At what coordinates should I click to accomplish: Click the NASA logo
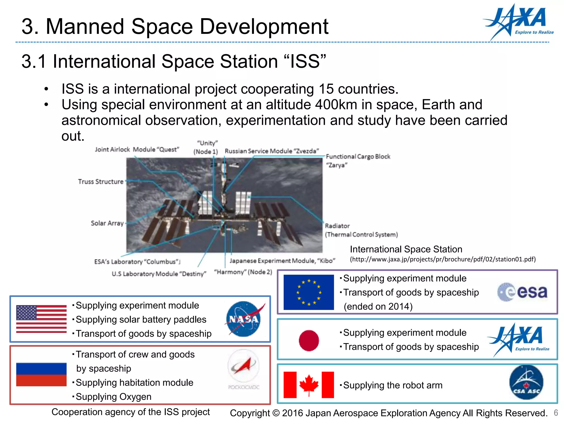pyautogui.click(x=243, y=319)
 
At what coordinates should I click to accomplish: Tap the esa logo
pyautogui.click(x=522, y=292)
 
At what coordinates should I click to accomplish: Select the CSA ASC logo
pyautogui.click(x=526, y=382)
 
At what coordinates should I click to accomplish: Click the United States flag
pyautogui.click(x=41, y=319)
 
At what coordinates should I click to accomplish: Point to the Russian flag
pyautogui.click(x=41, y=375)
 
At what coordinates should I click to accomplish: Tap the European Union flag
pyautogui.click(x=308, y=292)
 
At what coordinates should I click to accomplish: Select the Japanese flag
pyautogui.click(x=309, y=340)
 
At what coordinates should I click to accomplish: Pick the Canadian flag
pyautogui.click(x=308, y=385)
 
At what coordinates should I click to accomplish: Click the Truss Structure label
pyautogui.click(x=101, y=181)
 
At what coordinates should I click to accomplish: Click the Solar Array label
pyautogui.click(x=107, y=223)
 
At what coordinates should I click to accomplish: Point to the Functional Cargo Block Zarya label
pyautogui.click(x=358, y=161)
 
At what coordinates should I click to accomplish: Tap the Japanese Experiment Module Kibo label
pyautogui.click(x=282, y=261)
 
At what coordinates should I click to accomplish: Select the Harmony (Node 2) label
pyautogui.click(x=243, y=272)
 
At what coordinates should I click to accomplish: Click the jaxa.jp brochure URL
pyautogui.click(x=443, y=259)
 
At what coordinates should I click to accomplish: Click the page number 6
pyautogui.click(x=556, y=413)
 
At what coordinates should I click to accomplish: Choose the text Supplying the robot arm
pyautogui.click(x=392, y=385)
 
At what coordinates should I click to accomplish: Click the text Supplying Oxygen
pyautogui.click(x=113, y=397)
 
